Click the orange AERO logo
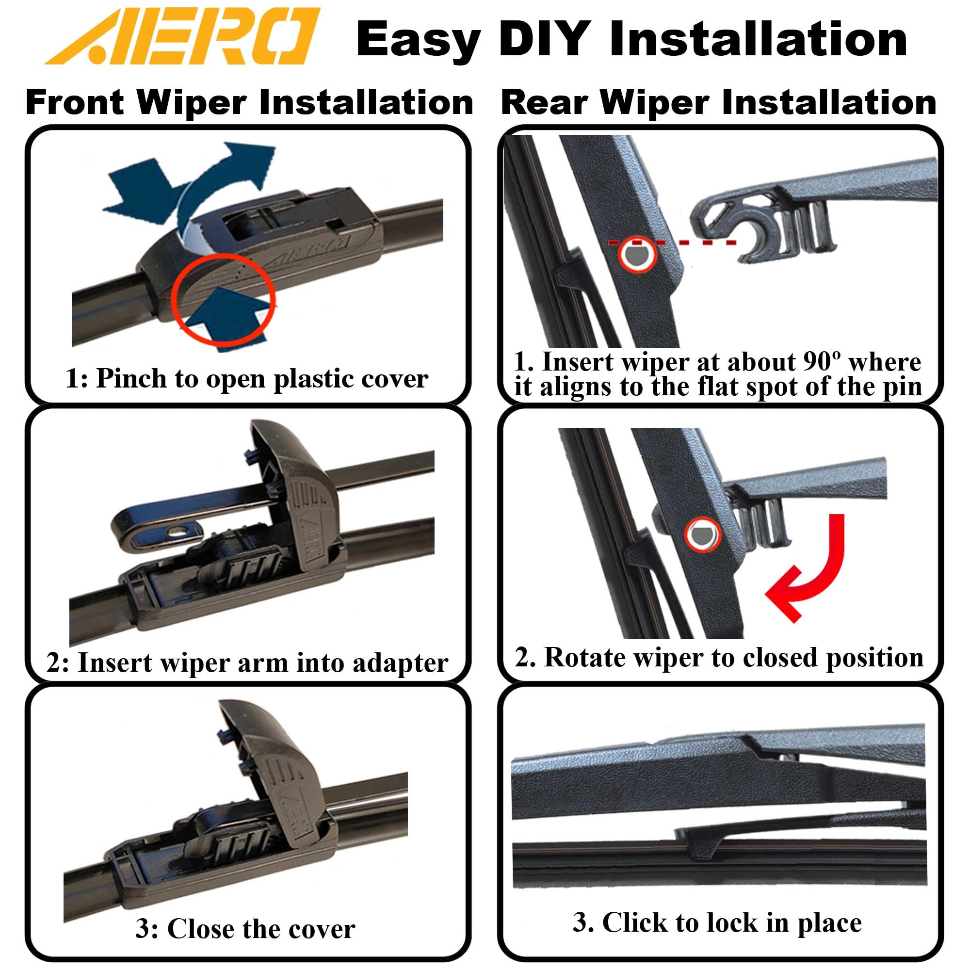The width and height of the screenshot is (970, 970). [182, 36]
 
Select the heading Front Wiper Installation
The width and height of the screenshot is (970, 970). [249, 102]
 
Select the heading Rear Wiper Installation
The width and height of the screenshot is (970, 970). [718, 102]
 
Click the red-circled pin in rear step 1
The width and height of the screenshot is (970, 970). [637, 254]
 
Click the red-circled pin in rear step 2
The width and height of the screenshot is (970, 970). [702, 534]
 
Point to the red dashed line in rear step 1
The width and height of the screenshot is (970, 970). [672, 243]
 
